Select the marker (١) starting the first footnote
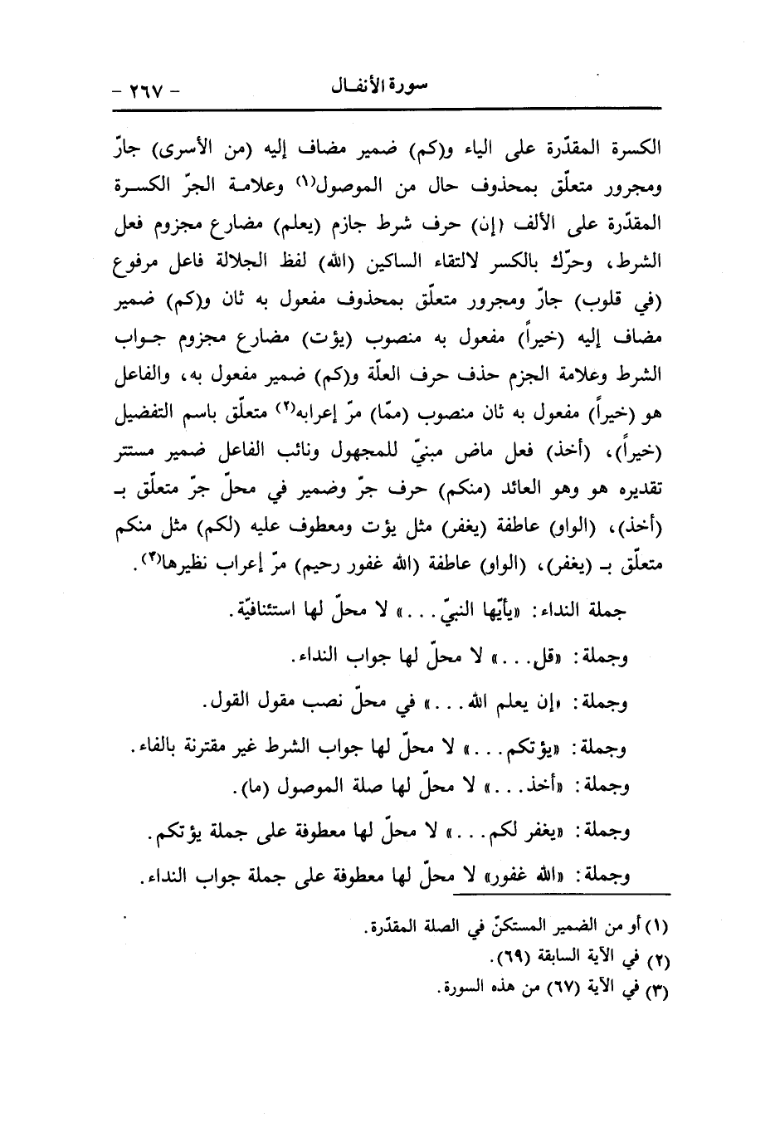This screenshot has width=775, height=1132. [x=660, y=924]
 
